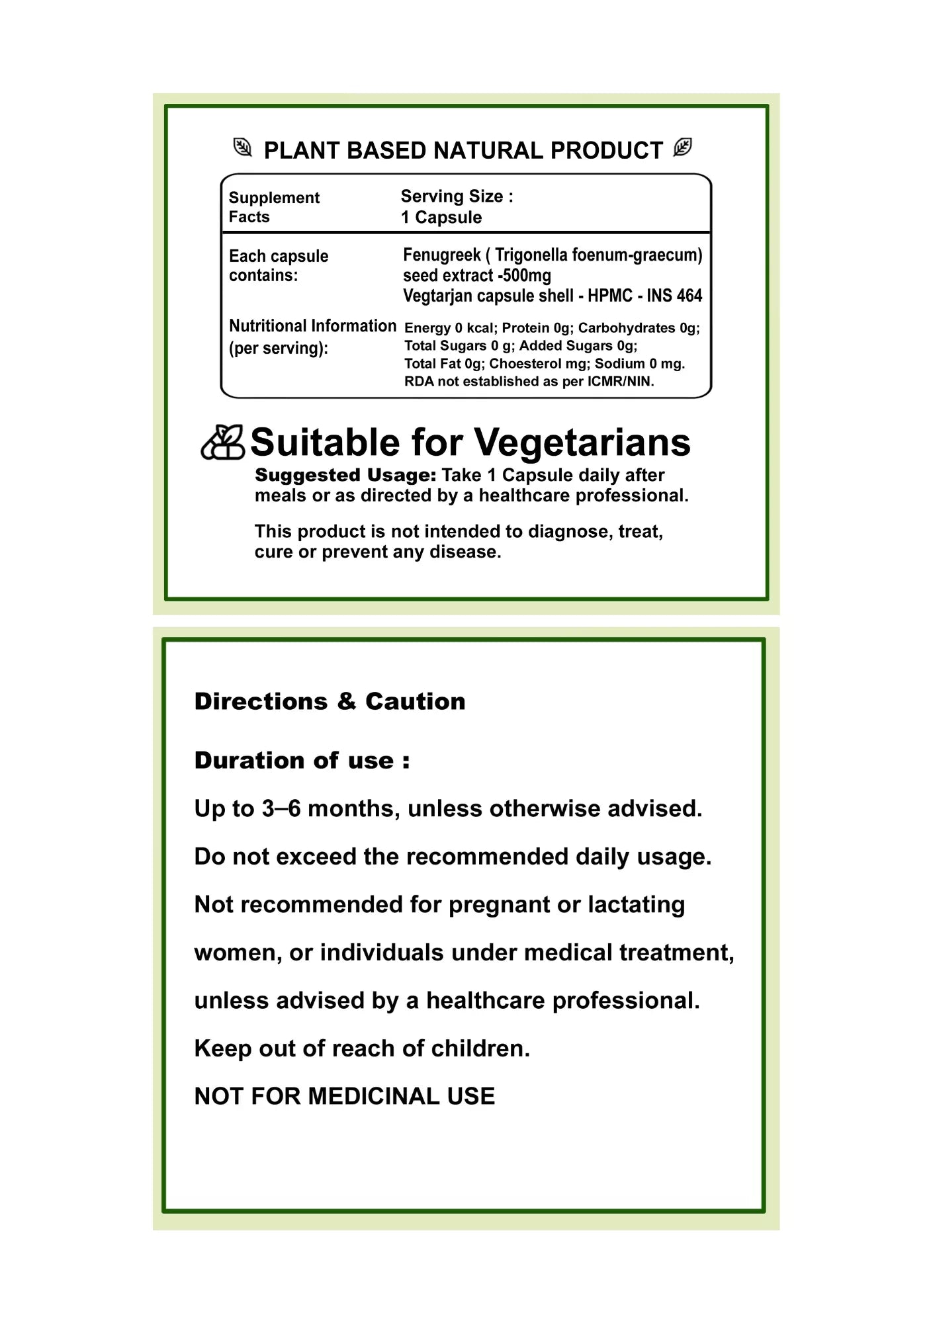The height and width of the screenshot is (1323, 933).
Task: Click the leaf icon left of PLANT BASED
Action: pos(243,148)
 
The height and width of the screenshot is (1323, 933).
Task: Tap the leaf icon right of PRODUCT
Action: pos(682,148)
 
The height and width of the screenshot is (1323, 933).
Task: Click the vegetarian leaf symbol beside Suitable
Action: pos(222,443)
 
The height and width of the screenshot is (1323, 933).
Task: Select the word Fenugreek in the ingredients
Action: pos(441,255)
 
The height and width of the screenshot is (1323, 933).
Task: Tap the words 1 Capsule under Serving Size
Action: pos(441,218)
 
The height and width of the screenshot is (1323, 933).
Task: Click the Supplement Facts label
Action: pos(274,207)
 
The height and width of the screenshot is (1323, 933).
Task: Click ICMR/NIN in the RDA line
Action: pos(620,382)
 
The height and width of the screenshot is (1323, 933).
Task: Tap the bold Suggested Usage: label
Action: pos(345,476)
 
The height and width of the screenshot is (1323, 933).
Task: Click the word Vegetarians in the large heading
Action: pos(582,443)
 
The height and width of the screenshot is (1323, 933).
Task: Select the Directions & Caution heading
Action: pos(330,702)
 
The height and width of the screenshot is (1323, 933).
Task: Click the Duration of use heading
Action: pos(302,761)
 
